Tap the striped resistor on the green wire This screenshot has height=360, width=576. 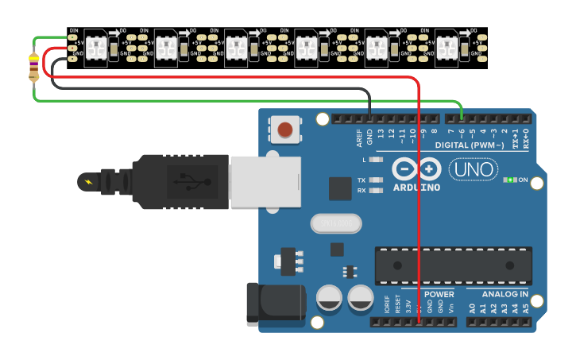[33, 67]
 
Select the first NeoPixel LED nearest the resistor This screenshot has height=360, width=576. [95, 48]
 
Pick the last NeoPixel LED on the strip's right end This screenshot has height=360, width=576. [446, 48]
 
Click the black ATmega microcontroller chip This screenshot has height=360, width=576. [453, 265]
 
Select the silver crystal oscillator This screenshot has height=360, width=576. [335, 224]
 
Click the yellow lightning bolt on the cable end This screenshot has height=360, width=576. [87, 183]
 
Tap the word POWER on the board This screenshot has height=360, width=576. [439, 293]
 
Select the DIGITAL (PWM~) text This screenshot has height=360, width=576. [470, 145]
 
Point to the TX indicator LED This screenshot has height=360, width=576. [377, 180]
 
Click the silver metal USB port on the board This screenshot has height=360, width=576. [265, 181]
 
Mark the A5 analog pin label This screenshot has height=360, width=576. [525, 308]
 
